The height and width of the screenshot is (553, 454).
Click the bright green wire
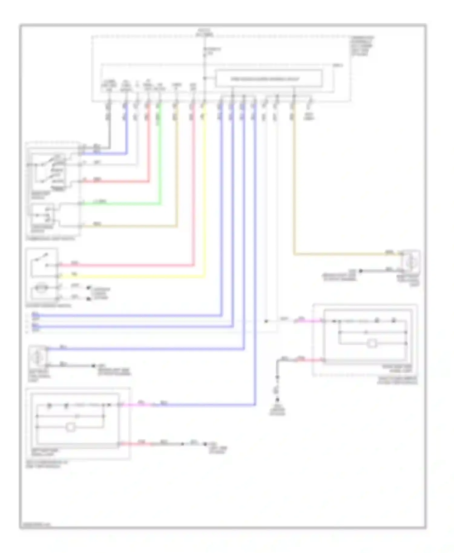(121, 204)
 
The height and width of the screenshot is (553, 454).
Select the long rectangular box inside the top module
(268, 79)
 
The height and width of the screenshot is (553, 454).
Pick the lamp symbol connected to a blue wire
(38, 357)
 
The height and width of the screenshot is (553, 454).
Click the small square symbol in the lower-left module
(71, 427)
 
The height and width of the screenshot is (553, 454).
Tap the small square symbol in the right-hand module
(372, 343)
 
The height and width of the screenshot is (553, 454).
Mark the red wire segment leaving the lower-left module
(135, 444)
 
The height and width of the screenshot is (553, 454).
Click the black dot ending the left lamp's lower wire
(94, 366)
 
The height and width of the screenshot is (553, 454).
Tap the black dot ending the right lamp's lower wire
(360, 271)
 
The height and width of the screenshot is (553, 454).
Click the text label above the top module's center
(204, 33)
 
